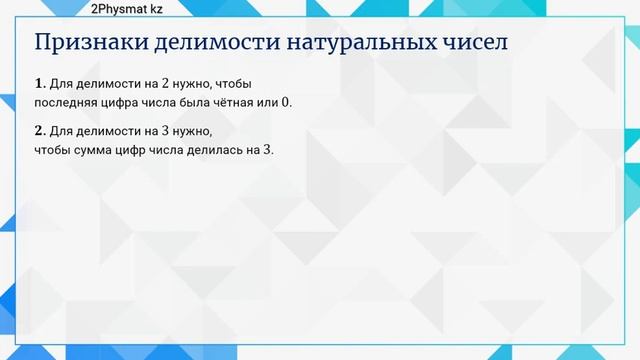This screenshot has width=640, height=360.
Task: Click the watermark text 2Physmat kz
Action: (x=128, y=9)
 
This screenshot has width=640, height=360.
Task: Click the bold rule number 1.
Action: (x=39, y=84)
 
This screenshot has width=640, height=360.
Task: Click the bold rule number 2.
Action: (x=39, y=131)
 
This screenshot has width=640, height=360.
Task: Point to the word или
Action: (x=275, y=102)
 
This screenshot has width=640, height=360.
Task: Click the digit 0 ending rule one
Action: (x=294, y=102)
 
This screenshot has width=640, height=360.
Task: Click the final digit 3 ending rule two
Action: (x=267, y=149)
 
